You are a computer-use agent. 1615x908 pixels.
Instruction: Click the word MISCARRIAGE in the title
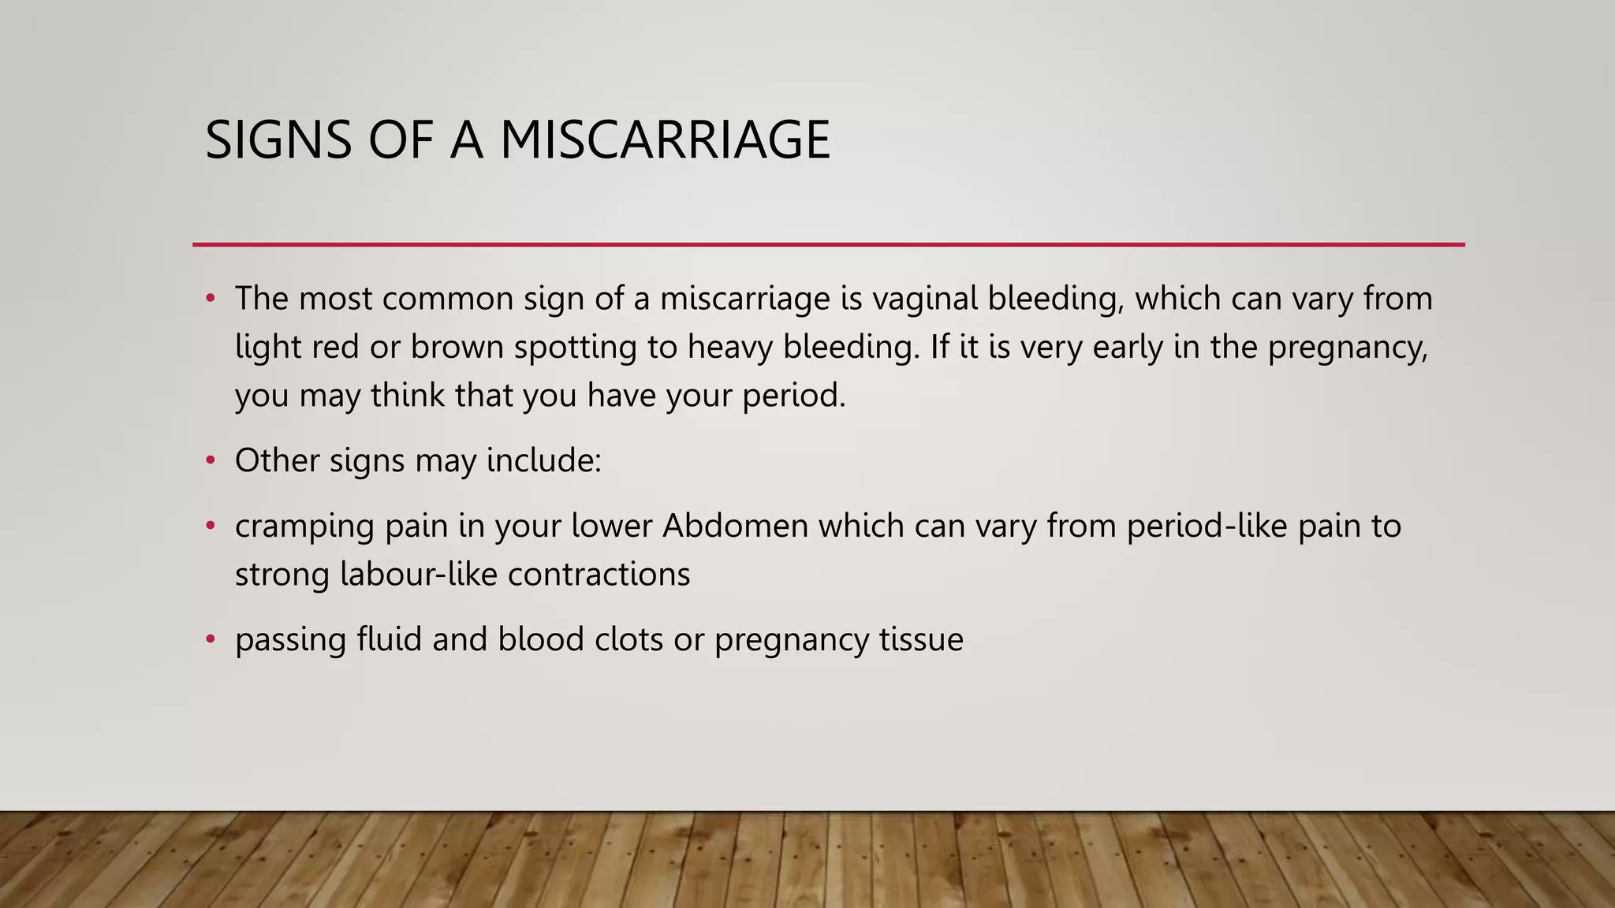[665, 140]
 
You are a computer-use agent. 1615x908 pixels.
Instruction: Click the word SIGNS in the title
[278, 140]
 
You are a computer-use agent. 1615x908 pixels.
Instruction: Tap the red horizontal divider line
[828, 244]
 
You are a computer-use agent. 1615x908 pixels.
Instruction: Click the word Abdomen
[735, 526]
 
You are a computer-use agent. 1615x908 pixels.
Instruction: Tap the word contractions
[599, 574]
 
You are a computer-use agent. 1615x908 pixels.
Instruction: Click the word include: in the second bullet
[544, 460]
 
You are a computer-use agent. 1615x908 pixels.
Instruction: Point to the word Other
[277, 460]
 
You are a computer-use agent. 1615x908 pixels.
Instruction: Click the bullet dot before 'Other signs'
[210, 460]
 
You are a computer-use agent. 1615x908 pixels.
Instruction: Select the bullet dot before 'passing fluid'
[210, 639]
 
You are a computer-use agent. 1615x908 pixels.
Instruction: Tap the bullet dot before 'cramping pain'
[210, 526]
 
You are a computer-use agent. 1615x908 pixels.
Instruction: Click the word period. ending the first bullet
[793, 396]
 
